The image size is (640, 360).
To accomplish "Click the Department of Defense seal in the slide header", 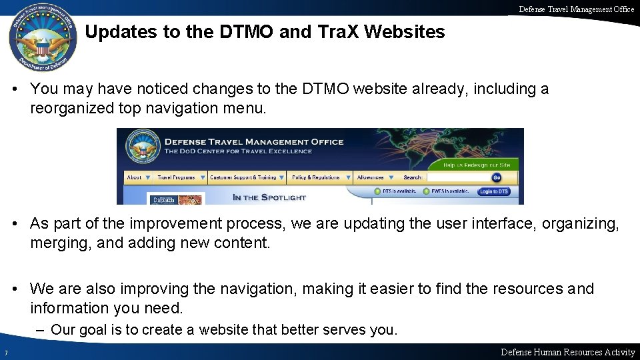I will click(43, 39).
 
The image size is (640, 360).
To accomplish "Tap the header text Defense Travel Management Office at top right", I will click(577, 9).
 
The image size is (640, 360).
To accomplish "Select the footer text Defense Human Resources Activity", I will click(567, 352).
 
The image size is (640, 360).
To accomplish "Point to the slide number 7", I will click(5, 353).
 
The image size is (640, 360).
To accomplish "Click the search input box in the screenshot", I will click(459, 177).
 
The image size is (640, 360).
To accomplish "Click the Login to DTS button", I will click(494, 192).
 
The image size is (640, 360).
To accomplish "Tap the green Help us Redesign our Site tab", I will click(477, 165).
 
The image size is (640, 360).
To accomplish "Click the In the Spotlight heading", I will click(269, 197).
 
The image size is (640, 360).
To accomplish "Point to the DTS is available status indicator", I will click(396, 192).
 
